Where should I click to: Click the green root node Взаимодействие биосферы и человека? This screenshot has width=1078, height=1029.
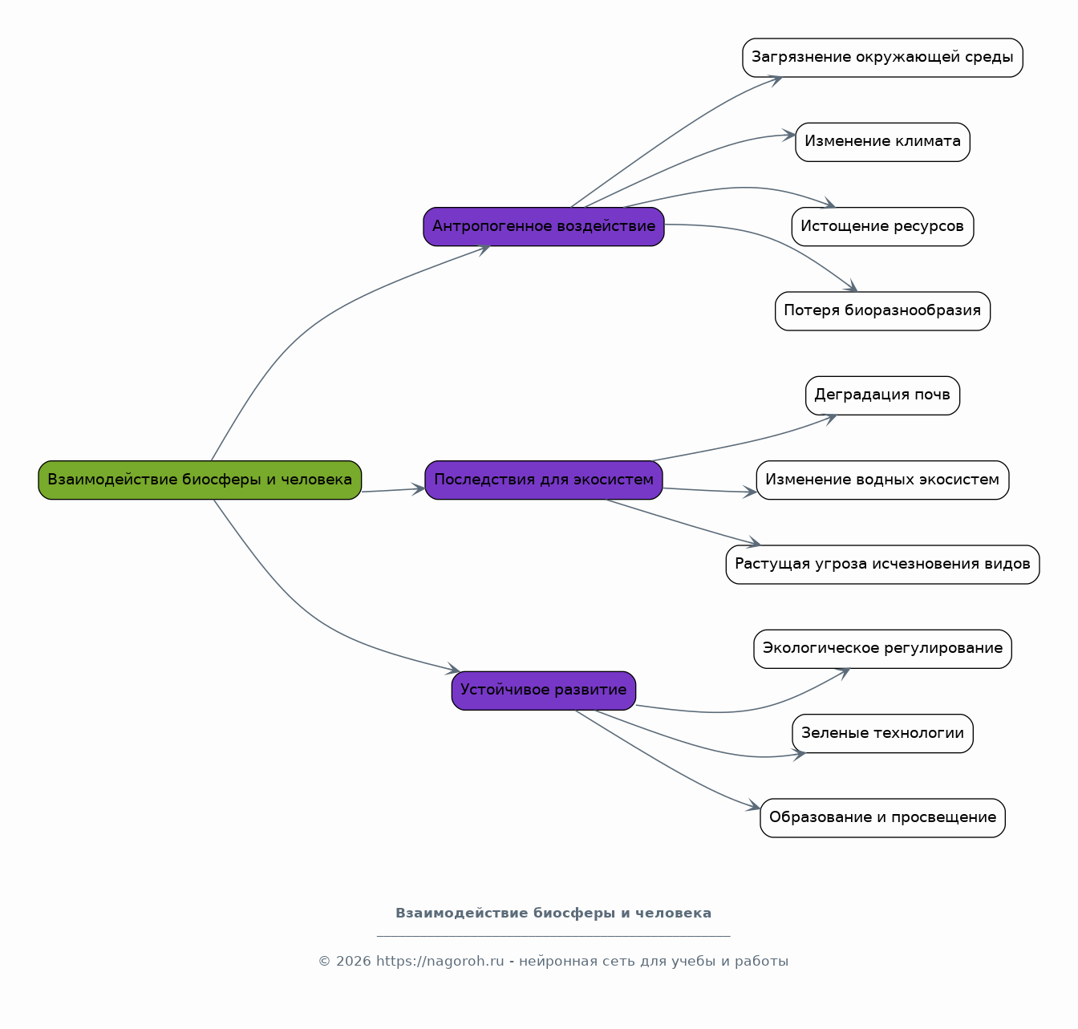200,480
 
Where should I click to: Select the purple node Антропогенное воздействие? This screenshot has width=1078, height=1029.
543,226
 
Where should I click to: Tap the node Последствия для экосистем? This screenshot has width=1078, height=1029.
543,480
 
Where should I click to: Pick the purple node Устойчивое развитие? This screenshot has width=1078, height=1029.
543,691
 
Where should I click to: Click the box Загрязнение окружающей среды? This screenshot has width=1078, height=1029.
882,58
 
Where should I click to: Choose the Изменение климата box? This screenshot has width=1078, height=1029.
882,142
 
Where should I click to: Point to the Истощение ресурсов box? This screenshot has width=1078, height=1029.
882,226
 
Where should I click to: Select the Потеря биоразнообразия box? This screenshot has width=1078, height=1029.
882,311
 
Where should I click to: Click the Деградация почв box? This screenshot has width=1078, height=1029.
882,395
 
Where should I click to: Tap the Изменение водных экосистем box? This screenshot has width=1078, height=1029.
882,480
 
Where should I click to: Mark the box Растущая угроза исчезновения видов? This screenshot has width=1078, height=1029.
882,565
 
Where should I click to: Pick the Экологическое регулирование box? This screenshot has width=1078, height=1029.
882,649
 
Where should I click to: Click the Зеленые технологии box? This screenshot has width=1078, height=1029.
882,733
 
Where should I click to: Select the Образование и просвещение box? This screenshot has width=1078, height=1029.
882,818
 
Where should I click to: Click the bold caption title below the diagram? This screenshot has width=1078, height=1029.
553,914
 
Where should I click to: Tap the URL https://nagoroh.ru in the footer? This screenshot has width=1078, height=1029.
440,962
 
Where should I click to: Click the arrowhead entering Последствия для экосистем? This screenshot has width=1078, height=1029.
419,488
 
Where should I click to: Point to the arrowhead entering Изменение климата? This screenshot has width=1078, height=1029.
789,135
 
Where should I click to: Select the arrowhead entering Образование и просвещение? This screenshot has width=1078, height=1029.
753,805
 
